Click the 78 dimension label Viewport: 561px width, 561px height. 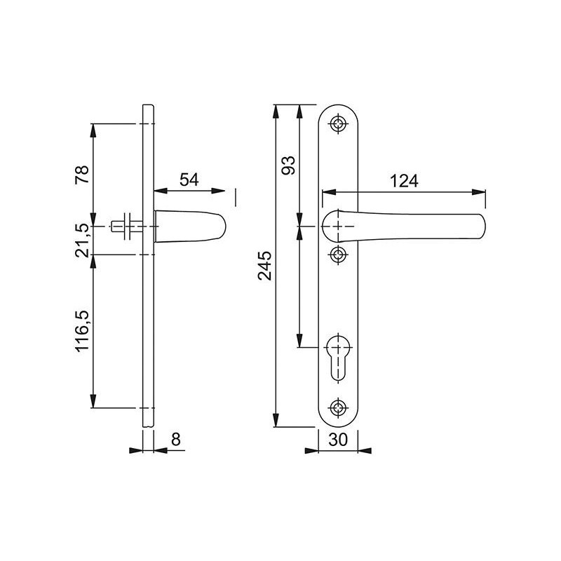[82, 175]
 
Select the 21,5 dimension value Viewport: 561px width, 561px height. [82, 241]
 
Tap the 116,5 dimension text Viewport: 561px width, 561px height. [82, 331]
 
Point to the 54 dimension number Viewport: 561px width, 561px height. [189, 180]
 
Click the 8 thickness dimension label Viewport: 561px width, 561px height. [176, 440]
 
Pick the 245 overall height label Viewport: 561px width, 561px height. [265, 266]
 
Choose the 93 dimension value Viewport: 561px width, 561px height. [289, 165]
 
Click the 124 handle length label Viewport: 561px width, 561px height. [404, 181]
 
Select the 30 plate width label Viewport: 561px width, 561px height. [338, 440]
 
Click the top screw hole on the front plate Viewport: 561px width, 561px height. [338, 124]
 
